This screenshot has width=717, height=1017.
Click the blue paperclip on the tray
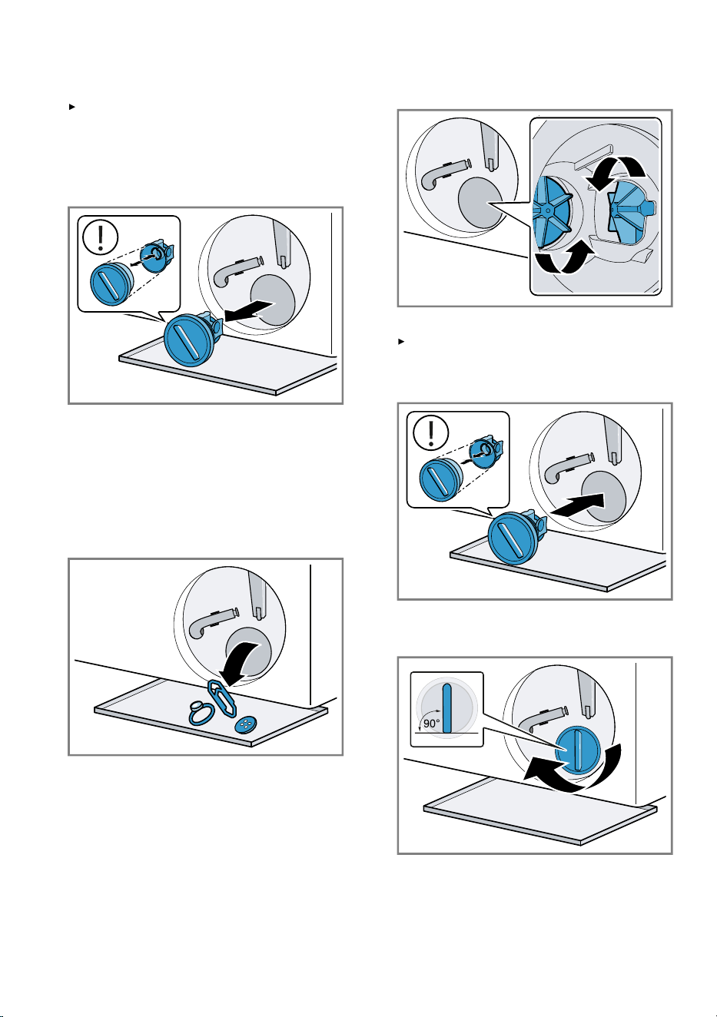point(222,700)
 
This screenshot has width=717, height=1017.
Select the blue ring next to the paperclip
point(200,713)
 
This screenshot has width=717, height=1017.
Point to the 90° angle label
point(431,724)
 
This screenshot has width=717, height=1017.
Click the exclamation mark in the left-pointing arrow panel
point(101,237)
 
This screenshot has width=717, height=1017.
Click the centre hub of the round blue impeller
point(548,210)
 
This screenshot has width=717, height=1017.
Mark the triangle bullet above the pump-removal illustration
point(71,107)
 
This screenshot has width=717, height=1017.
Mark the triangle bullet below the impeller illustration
point(400,341)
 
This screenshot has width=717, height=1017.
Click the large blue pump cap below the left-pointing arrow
point(188,340)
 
